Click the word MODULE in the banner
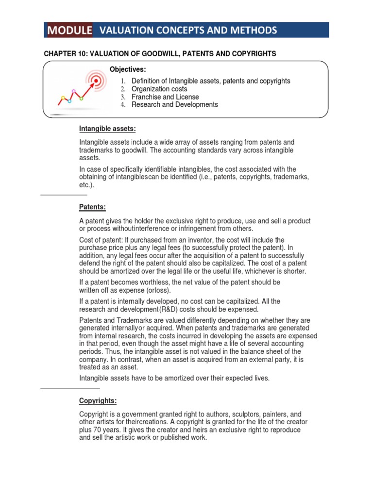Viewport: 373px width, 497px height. pyautogui.click(x=69, y=31)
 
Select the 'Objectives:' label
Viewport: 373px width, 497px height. pyautogui.click(x=128, y=70)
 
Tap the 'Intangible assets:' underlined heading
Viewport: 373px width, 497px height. pyautogui.click(x=107, y=129)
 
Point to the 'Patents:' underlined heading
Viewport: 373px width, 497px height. pyautogui.click(x=92, y=207)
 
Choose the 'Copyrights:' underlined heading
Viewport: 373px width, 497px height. pyautogui.click(x=98, y=401)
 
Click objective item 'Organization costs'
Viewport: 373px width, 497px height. pyautogui.click(x=159, y=89)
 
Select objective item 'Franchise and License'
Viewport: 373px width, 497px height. pyautogui.click(x=165, y=97)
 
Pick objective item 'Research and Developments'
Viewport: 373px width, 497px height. pyautogui.click(x=175, y=104)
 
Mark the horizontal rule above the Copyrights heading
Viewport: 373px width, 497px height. pyautogui.click(x=70, y=389)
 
